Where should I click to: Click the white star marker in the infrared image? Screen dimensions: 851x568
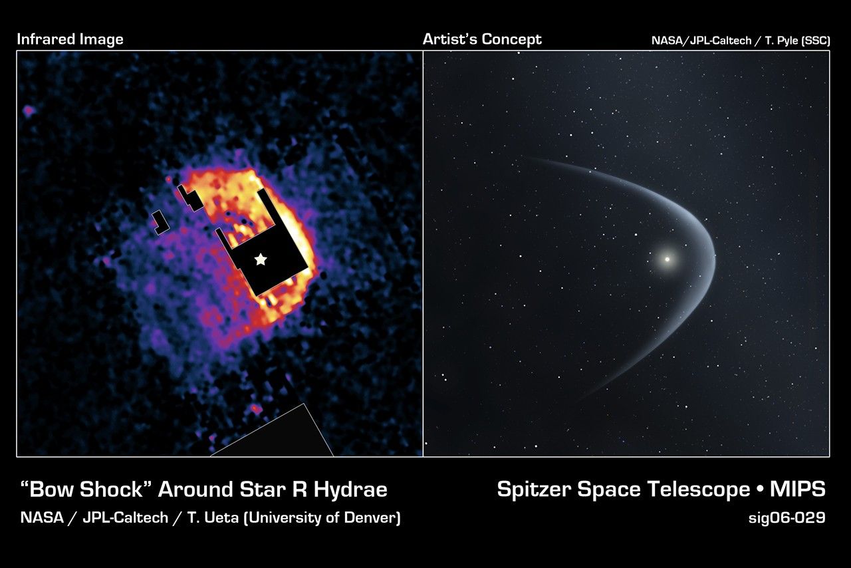point(261,259)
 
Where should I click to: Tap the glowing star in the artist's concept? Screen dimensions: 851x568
point(667,259)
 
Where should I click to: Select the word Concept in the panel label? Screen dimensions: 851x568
point(513,39)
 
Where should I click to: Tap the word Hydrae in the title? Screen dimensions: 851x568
point(350,490)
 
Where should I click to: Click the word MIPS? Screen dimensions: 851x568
point(797,490)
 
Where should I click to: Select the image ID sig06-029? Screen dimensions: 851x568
point(787,518)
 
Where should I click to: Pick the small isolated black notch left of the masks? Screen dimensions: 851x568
point(160,222)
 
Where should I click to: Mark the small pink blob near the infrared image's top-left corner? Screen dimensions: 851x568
point(29,111)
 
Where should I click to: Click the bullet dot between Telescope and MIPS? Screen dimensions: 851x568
point(760,490)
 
